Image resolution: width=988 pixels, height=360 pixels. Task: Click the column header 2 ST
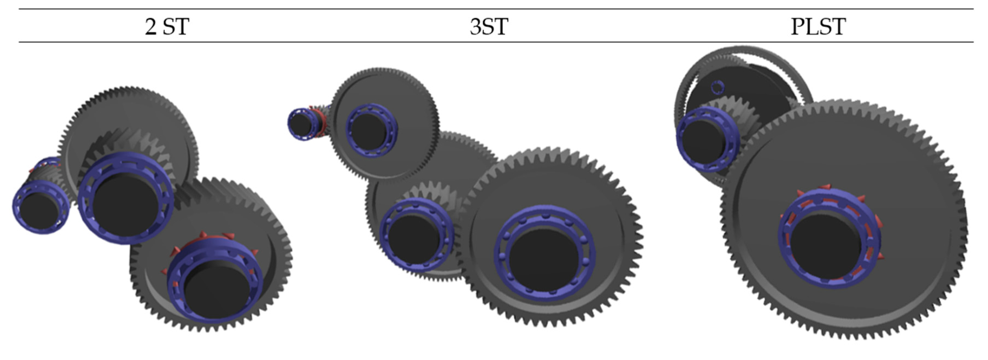click(167, 26)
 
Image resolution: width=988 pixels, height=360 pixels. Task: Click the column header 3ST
click(489, 26)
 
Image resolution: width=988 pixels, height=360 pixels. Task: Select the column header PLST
click(818, 26)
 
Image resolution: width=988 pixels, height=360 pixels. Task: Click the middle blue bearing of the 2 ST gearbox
click(126, 197)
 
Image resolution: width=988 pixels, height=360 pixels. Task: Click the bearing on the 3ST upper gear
click(371, 129)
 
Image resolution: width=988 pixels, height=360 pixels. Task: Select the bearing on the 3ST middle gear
click(416, 234)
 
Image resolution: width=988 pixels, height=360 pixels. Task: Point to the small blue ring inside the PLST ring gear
click(717, 87)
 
